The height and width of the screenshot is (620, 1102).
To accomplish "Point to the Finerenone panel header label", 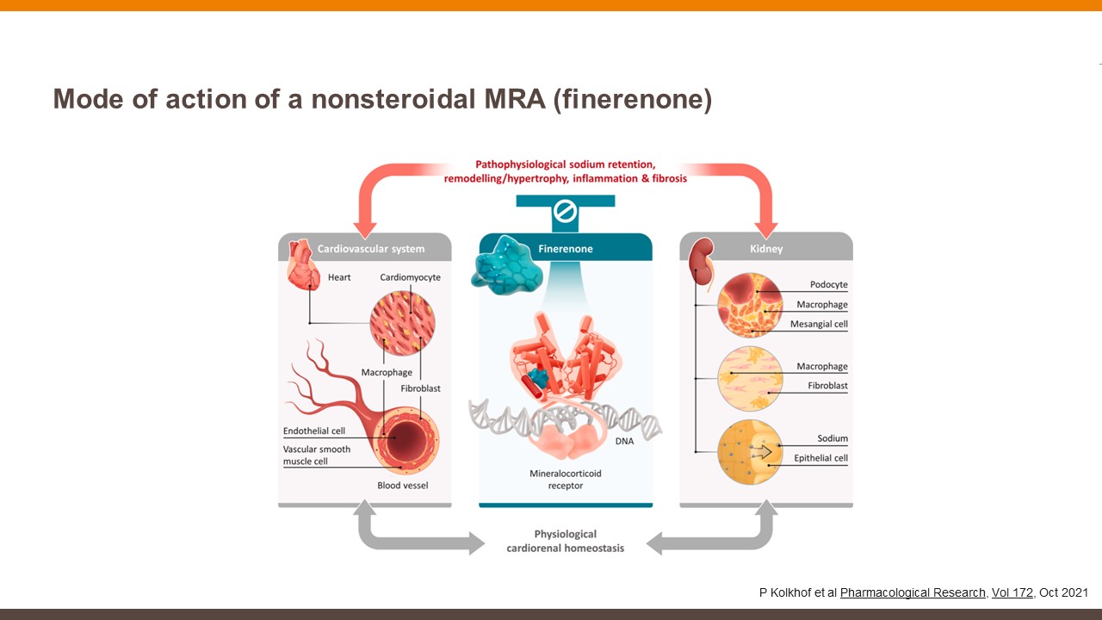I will pos(565,249).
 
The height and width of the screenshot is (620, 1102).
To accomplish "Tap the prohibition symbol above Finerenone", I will pos(565,211).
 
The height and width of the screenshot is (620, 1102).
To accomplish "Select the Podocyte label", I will pos(828,285).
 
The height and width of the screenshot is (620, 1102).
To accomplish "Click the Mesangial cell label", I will pos(819,325).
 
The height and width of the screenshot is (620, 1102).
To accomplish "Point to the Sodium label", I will pos(833,438).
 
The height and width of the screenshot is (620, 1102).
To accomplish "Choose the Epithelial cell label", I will pos(820,458).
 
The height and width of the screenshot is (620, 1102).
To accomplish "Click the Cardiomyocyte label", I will pos(410,277).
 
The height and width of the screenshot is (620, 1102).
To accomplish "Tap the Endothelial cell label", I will pos(313,431).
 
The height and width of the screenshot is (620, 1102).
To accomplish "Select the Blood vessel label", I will pos(402,486).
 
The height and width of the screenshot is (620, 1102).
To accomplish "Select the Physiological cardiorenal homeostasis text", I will pos(565,541).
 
